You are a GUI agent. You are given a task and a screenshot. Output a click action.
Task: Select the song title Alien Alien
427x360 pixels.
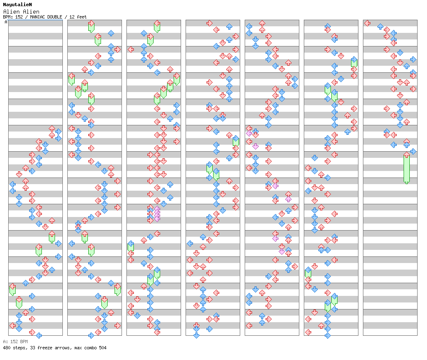(21, 12)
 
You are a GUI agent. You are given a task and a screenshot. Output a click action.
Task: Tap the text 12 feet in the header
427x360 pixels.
(78, 17)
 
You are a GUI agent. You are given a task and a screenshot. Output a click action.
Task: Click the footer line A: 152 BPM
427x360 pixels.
(15, 342)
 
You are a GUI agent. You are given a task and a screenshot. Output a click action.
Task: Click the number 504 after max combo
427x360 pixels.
(102, 348)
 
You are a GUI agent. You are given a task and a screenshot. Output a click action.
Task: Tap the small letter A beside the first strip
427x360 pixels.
(6, 22)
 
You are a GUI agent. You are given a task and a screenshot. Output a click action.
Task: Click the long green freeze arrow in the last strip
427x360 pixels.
(406, 168)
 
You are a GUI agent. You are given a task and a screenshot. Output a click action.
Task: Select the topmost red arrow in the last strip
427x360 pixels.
(367, 23)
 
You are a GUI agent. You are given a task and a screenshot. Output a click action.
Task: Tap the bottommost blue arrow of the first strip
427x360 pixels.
(39, 335)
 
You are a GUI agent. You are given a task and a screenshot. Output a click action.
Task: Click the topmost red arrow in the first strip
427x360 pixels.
(52, 129)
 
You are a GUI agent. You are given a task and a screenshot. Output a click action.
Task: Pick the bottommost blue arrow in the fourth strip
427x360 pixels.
(196, 335)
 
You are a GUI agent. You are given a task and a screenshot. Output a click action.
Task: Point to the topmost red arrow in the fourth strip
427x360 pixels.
(209, 23)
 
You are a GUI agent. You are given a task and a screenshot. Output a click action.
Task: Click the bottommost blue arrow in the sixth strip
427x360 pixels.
(328, 335)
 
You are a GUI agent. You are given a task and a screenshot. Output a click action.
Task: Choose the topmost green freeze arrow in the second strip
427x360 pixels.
(91, 26)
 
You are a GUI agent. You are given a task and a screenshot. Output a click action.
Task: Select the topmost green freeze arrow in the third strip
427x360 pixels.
(157, 26)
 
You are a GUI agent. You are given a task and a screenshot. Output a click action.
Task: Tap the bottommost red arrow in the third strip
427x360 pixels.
(157, 332)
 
